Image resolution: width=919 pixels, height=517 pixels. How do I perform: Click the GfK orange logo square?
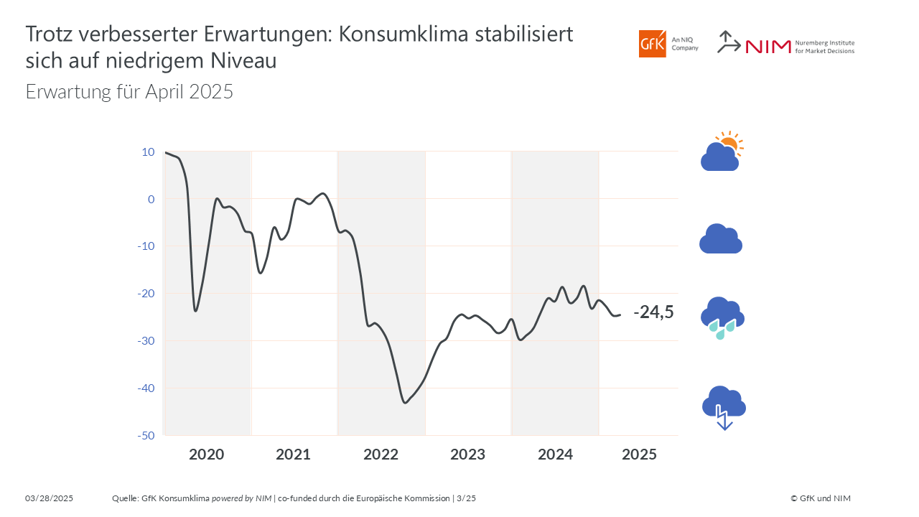click(653, 44)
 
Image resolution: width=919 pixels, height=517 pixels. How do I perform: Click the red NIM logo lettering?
click(768, 47)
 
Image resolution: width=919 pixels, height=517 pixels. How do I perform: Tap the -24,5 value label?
click(653, 312)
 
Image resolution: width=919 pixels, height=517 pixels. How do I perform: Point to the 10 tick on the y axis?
click(148, 152)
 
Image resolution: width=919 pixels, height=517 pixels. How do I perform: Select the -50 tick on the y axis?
click(146, 436)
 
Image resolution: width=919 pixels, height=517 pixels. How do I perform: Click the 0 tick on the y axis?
click(151, 200)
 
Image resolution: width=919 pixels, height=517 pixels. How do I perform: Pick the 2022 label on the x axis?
click(381, 455)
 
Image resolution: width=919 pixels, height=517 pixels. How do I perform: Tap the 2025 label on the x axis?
click(639, 455)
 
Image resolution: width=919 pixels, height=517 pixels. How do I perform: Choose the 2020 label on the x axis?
click(206, 455)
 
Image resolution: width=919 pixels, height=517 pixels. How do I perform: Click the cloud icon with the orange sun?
click(722, 152)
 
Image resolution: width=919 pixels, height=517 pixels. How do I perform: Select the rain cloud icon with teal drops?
click(722, 318)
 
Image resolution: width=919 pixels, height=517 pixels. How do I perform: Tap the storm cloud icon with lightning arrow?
click(724, 408)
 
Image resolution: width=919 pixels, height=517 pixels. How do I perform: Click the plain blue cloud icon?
click(721, 238)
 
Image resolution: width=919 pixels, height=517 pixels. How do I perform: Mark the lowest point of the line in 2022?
click(406, 403)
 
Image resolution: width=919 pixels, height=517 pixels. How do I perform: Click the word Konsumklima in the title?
click(403, 34)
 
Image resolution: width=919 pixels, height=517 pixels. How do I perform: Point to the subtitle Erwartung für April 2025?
click(129, 91)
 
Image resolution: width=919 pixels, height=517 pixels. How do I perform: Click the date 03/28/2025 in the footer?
click(50, 498)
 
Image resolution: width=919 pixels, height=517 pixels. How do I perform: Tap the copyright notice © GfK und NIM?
click(821, 498)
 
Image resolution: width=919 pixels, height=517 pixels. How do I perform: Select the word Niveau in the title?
click(243, 61)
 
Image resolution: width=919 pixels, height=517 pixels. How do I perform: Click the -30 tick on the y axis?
click(146, 341)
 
